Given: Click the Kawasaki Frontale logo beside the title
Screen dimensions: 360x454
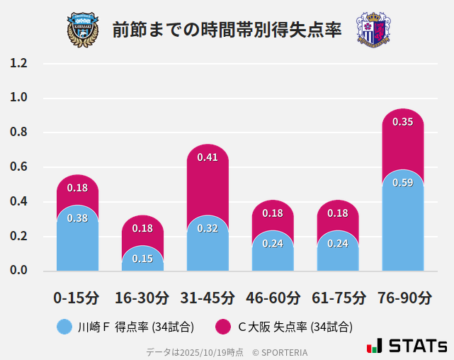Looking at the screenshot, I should pos(83,30).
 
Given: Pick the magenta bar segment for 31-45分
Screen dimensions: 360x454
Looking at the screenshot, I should pos(208,177).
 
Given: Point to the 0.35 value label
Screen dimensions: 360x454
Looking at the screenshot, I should pos(402,122).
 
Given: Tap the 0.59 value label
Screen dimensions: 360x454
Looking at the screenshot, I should pos(402,183).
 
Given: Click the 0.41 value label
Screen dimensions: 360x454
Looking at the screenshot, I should pos(208,157).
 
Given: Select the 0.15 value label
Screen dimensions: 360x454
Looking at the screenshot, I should pos(142,259).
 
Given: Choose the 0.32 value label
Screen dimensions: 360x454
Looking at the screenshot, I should pos(208,228).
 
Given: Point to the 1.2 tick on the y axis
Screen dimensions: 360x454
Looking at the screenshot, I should pos(19,63).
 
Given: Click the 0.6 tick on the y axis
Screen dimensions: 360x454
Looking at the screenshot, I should pos(19,167).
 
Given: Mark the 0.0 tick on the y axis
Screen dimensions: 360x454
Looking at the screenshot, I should pos(19,271).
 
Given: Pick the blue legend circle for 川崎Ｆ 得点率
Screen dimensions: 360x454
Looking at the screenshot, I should pos(65,327).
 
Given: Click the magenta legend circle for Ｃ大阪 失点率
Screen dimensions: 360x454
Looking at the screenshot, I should pos(223,327).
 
